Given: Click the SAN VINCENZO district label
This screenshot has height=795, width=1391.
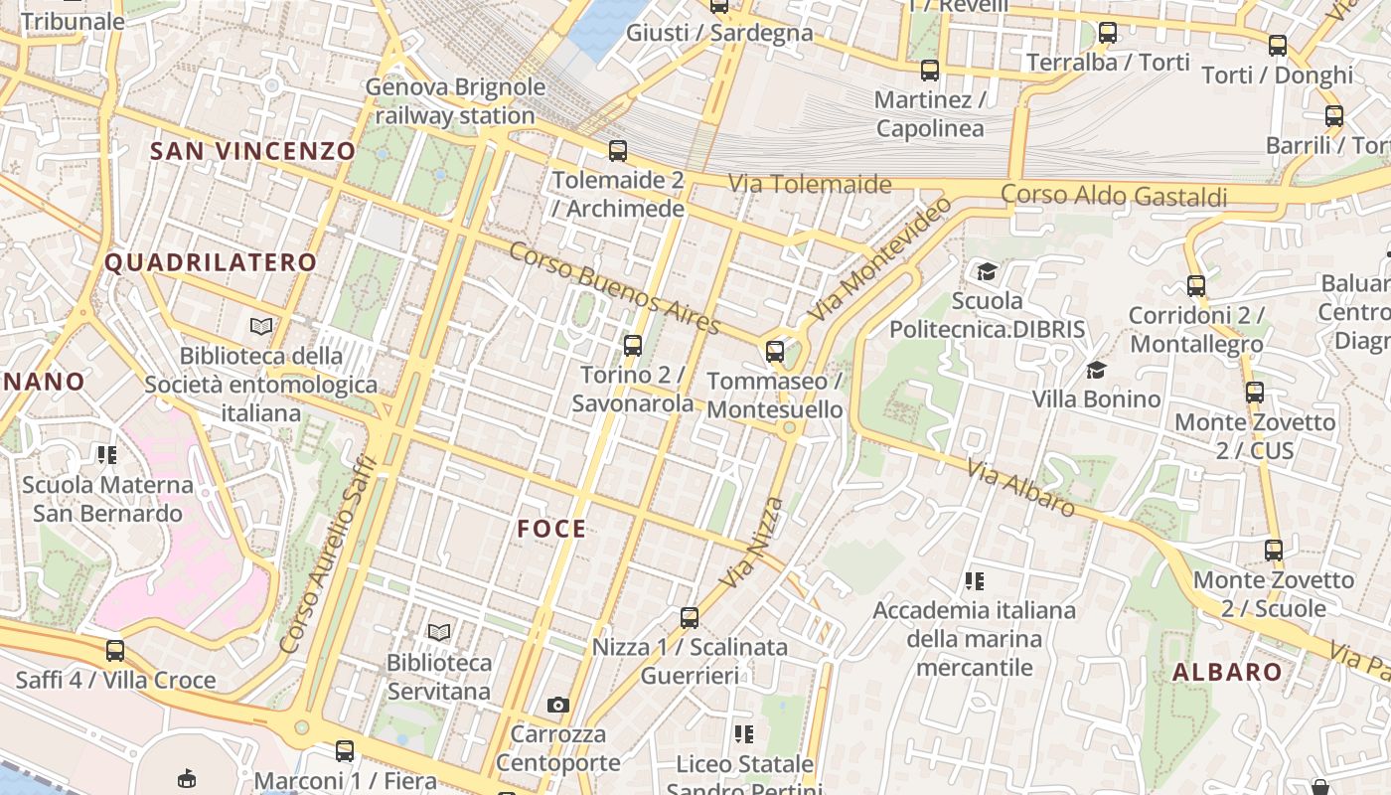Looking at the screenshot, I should (x=252, y=151).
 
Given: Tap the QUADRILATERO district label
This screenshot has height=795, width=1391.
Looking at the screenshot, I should (x=211, y=262).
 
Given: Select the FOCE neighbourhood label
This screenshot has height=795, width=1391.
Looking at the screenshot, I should (x=551, y=529).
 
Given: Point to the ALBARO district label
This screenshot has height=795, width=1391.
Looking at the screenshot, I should (x=1227, y=672).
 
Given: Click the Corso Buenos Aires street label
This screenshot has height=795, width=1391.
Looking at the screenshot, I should (x=614, y=287).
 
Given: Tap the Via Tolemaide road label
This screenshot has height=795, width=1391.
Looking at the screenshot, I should (x=810, y=184).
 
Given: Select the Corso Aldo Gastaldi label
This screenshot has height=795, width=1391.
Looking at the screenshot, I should (x=1114, y=195).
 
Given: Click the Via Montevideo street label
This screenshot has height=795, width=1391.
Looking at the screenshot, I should (x=878, y=258).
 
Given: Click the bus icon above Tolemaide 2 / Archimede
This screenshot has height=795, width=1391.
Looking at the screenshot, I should (x=618, y=151).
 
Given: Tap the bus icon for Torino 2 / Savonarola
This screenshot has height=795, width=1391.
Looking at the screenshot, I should (x=633, y=346).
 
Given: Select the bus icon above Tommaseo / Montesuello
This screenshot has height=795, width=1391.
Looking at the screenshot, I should (x=775, y=351).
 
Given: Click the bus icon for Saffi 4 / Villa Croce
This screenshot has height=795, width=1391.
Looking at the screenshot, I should (x=115, y=651).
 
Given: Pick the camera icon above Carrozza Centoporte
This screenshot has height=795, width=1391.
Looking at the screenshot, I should (x=558, y=705).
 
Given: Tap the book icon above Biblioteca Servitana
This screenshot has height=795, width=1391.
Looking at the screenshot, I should (x=439, y=631).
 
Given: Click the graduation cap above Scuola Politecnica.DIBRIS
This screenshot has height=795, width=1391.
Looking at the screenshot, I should (x=987, y=271).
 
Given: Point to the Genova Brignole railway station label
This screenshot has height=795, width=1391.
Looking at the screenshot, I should (x=455, y=101).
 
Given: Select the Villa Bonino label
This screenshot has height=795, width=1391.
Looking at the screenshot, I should (x=1096, y=398).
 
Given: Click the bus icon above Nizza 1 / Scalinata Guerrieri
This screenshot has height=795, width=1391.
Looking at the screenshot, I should (x=690, y=617).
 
